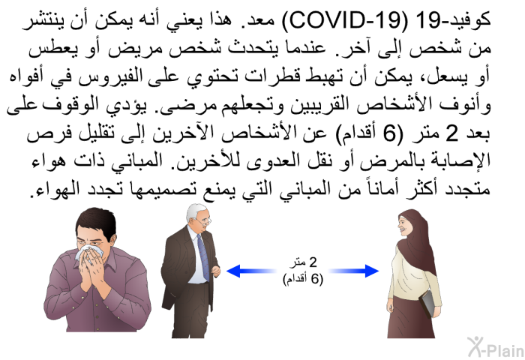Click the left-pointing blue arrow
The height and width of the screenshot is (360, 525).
(x=252, y=271)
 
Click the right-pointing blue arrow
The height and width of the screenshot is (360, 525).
(x=353, y=271)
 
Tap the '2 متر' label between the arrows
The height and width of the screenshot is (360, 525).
(x=303, y=262)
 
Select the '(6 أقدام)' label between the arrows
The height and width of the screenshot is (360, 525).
(x=303, y=278)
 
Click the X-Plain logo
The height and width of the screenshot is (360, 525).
(x=496, y=347)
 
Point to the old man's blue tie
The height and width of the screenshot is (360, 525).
(x=202, y=256)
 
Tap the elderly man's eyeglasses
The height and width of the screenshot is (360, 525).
(x=202, y=220)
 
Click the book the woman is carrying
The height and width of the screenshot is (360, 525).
(x=427, y=304)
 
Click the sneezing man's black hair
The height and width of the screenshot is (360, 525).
(x=96, y=221)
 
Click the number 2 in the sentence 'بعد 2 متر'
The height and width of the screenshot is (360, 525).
(x=451, y=133)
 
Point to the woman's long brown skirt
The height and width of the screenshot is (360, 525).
(x=411, y=317)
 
